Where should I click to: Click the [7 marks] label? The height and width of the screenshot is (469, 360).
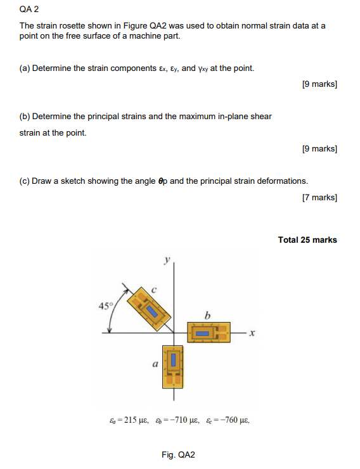320,197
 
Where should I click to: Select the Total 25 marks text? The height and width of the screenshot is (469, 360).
307,240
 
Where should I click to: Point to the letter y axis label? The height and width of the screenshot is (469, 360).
167,259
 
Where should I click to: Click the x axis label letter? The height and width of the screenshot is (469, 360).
252,332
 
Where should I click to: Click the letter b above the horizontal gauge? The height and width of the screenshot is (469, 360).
207,314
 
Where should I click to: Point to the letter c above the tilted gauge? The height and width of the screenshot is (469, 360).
153,290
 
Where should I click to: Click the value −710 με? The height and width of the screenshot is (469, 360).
179,420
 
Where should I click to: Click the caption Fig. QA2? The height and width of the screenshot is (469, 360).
179,454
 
